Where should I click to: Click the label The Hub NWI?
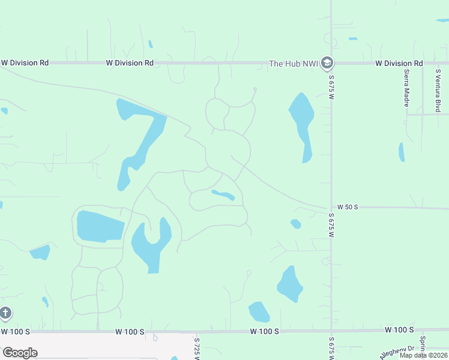(x=293, y=63)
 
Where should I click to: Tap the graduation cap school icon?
(x=327, y=62)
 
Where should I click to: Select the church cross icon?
(x=5, y=313)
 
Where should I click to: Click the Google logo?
(x=20, y=353)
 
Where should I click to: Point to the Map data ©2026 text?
(x=423, y=355)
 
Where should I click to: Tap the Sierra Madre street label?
(x=407, y=85)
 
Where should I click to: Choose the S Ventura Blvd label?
(x=438, y=90)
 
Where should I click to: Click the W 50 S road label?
(x=347, y=207)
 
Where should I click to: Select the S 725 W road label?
(x=197, y=348)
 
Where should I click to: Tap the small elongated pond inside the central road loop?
(x=223, y=195)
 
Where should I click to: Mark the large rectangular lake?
(x=99, y=227)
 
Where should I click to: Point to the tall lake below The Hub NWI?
(x=302, y=123)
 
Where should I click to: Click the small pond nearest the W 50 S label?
(x=295, y=224)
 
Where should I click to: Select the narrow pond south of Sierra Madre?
(x=401, y=152)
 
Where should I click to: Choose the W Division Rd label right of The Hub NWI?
(x=399, y=63)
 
